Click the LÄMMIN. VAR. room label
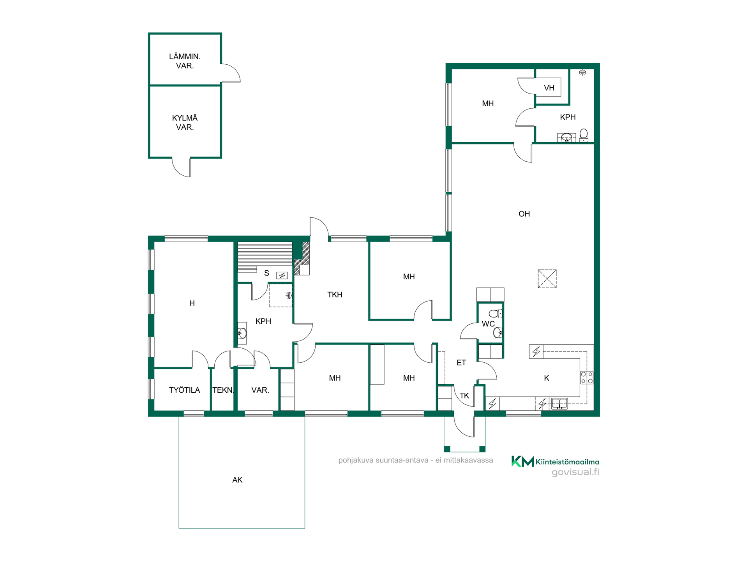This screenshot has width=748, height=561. [185, 61]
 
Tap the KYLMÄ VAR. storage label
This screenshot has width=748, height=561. [185, 122]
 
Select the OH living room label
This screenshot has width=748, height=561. [524, 214]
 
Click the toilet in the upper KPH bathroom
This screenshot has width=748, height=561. [584, 135]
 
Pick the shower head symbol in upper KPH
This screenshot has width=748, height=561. [582, 72]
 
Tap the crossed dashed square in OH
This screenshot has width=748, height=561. [547, 279]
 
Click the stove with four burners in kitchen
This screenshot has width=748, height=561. [587, 378]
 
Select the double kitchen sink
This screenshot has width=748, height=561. [559, 404]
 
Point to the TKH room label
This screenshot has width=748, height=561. [335, 295]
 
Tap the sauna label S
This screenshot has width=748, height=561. [266, 273]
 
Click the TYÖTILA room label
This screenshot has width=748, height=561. [184, 390]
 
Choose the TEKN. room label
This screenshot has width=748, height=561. [223, 390]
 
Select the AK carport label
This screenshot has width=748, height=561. [237, 480]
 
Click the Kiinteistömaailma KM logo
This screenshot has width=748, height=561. [555, 462]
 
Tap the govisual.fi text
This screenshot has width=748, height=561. [575, 472]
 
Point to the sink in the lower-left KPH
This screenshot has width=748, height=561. [242, 333]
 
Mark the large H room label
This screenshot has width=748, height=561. [192, 303]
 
